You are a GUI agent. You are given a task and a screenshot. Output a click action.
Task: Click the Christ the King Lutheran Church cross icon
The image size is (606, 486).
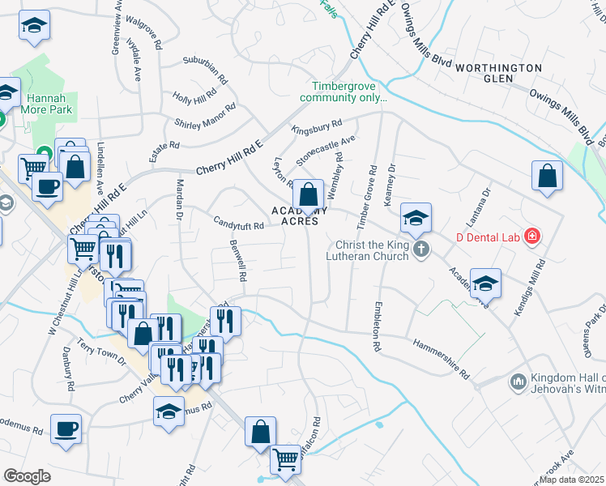420,249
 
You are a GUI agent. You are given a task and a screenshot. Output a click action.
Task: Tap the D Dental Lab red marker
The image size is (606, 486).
532,237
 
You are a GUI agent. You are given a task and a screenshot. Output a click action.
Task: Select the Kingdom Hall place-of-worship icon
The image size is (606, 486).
519,380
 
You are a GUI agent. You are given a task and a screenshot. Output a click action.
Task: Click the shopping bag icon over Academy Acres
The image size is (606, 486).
308,194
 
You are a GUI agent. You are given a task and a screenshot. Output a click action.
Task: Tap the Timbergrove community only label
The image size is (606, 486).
344,92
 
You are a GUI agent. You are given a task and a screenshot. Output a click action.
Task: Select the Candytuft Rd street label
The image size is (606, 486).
238,224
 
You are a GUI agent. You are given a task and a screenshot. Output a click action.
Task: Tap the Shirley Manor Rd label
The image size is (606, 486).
205,116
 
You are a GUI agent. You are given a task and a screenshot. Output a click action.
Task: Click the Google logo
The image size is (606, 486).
27,476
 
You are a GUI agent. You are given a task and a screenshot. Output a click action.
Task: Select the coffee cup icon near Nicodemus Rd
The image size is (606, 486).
66,428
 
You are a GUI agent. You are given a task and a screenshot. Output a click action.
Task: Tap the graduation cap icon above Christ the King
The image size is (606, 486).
416,218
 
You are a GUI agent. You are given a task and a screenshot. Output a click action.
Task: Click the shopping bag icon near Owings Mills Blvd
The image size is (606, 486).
548,176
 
